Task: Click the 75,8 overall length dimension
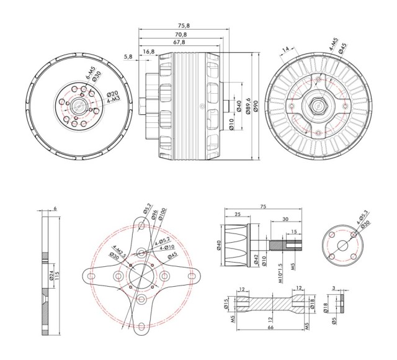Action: tap(182, 25)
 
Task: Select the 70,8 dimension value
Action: tap(181, 34)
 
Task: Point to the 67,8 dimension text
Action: tap(180, 42)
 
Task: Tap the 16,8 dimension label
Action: tap(149, 52)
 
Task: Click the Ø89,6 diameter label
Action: tap(248, 105)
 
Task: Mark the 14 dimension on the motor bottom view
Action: tap(286, 50)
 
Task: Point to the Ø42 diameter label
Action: tap(256, 259)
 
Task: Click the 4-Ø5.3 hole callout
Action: tap(359, 218)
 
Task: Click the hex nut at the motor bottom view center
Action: tap(317, 107)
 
